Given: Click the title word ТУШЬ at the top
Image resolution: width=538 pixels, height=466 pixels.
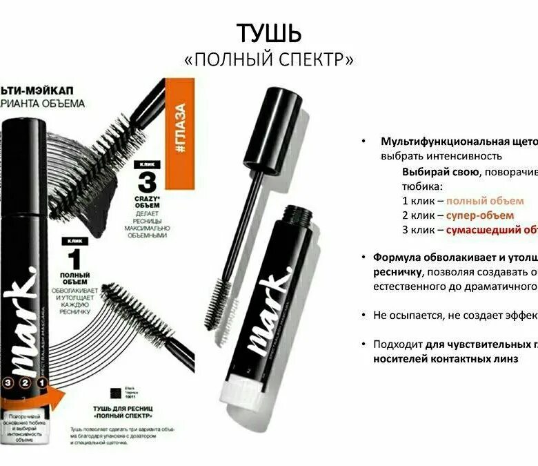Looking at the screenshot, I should coord(269,32).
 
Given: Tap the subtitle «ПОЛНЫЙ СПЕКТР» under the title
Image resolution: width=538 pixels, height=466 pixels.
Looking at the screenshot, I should coord(269,60).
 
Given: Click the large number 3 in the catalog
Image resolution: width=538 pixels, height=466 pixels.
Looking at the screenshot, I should coord(147,182).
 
